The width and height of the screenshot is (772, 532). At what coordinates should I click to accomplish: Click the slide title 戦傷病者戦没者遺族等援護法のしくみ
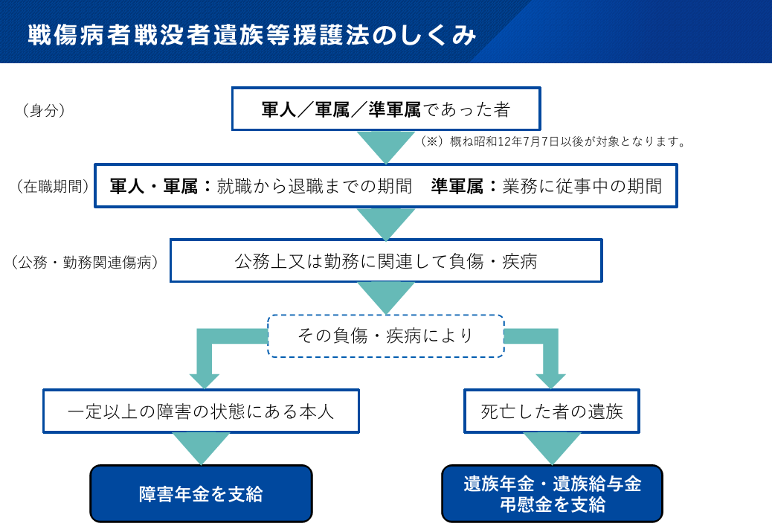(251, 35)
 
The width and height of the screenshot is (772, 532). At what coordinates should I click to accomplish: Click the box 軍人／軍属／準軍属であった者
(385, 109)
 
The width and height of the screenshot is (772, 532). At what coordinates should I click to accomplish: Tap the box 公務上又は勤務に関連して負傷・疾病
(385, 261)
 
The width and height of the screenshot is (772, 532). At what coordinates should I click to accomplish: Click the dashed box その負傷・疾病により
(385, 336)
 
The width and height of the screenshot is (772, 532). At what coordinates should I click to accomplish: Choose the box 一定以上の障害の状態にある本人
(201, 411)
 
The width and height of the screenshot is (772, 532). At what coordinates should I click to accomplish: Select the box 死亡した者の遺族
(551, 411)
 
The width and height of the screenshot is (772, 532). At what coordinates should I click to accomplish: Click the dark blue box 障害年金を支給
(201, 494)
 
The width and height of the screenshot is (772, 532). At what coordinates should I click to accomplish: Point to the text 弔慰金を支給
(551, 504)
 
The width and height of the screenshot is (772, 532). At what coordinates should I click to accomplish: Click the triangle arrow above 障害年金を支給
(201, 446)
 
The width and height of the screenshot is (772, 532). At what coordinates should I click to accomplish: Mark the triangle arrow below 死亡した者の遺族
(551, 446)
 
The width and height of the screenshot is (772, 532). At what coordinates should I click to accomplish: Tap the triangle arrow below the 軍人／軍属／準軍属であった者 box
(385, 146)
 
